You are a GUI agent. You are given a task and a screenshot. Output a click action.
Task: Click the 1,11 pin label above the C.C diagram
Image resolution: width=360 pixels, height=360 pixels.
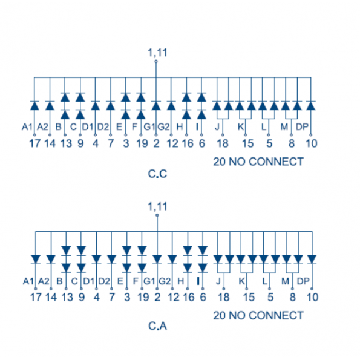(x=157, y=53)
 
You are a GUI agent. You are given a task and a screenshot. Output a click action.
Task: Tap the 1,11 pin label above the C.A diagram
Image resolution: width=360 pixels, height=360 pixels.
(x=157, y=207)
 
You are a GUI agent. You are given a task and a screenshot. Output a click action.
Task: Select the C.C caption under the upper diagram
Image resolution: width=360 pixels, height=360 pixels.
(x=157, y=174)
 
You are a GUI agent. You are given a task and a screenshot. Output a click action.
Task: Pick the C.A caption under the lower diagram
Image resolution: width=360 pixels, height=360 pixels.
(x=157, y=326)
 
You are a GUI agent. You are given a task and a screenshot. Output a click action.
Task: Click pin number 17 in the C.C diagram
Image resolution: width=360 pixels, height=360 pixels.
(x=34, y=143)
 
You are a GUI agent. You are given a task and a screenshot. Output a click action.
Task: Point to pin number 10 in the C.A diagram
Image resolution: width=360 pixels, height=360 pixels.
(x=312, y=297)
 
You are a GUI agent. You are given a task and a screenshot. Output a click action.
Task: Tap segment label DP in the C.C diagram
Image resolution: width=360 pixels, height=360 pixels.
(x=302, y=126)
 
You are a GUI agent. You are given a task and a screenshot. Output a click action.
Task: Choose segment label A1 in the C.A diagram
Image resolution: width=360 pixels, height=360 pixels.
(x=28, y=281)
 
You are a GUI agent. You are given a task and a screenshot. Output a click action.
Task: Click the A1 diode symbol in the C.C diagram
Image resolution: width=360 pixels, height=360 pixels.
(x=34, y=106)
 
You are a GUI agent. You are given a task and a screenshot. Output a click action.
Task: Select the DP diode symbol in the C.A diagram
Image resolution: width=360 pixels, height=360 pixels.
(x=312, y=260)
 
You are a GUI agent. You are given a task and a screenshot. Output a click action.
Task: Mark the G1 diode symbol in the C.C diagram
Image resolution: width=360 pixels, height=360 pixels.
(x=156, y=106)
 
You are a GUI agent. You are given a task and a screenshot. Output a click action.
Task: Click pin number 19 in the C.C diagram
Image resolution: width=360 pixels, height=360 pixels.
(x=142, y=143)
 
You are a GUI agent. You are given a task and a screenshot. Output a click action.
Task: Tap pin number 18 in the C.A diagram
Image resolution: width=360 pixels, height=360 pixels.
(x=224, y=297)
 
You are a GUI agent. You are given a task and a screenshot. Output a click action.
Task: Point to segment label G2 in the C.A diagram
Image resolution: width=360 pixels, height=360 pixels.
(x=165, y=281)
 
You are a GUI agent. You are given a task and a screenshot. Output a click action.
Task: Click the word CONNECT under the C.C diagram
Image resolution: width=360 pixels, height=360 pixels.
(x=276, y=162)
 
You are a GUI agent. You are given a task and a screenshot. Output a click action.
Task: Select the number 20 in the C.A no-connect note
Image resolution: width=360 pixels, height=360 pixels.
(x=220, y=316)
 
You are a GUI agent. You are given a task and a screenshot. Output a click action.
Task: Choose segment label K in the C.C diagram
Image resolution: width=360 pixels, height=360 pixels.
(x=241, y=126)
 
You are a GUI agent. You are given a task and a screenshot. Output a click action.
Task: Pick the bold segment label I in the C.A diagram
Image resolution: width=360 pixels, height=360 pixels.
(x=198, y=281)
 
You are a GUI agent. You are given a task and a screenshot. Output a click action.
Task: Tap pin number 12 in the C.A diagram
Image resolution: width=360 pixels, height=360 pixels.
(x=173, y=297)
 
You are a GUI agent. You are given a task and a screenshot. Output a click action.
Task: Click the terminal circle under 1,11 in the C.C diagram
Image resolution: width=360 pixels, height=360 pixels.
(x=156, y=61)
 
